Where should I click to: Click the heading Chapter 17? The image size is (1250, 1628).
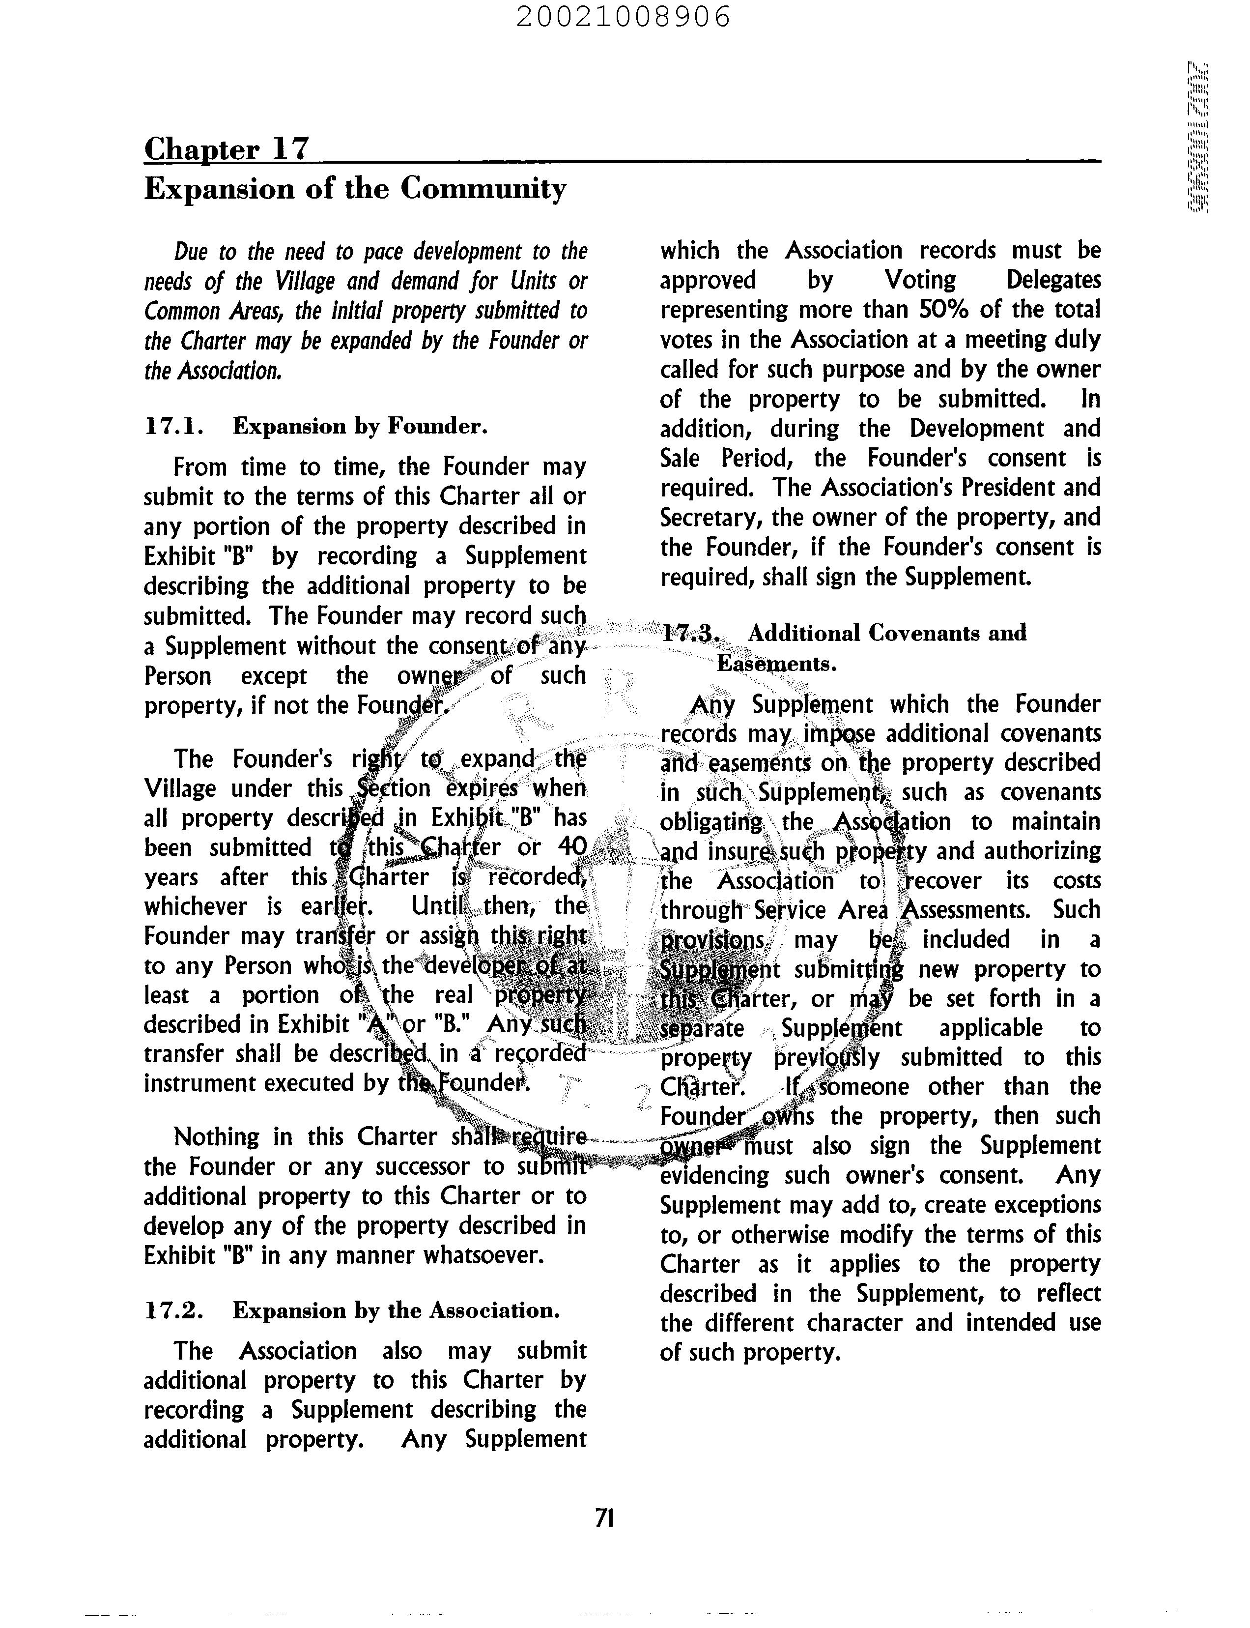tap(226, 149)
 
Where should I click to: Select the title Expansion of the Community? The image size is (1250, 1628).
tap(355, 189)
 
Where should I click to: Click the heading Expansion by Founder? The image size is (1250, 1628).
tap(360, 427)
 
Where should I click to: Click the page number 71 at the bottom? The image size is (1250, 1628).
tap(604, 1517)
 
